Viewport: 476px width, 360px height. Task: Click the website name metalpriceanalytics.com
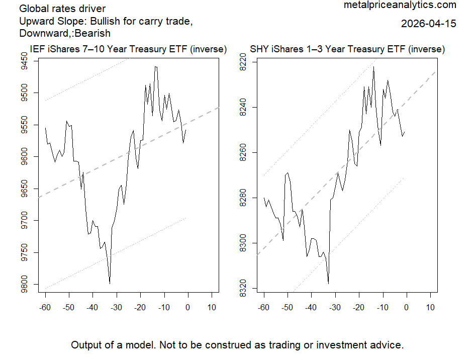400,5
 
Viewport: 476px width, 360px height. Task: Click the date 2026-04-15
429,24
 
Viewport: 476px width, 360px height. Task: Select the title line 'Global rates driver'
62,10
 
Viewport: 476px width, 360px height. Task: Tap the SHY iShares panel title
347,50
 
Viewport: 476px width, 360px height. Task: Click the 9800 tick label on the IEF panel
31,285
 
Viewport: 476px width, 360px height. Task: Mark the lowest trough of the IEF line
110,284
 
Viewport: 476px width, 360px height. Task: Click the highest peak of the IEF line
156,66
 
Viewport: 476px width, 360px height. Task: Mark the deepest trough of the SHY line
328,284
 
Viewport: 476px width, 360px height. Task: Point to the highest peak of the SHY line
373,66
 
